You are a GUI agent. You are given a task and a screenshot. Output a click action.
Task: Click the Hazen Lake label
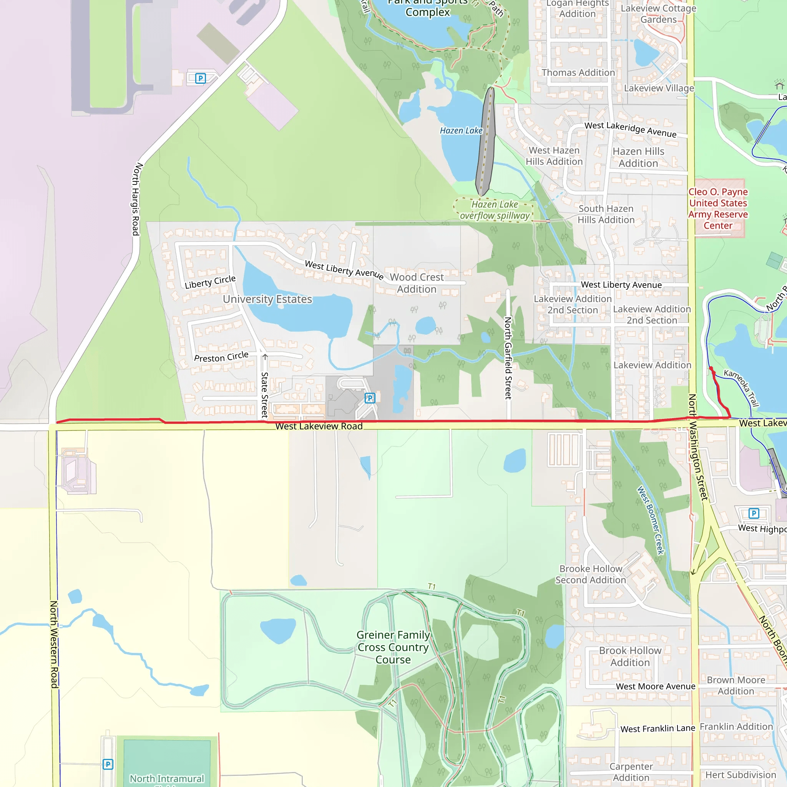pyautogui.click(x=461, y=131)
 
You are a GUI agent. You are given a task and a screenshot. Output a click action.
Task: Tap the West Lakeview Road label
pyautogui.click(x=319, y=426)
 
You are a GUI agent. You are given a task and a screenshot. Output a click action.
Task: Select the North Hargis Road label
pyautogui.click(x=136, y=199)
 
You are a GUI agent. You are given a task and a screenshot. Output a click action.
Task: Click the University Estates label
pyautogui.click(x=267, y=299)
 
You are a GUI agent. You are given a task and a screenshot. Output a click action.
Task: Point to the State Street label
pyautogui.click(x=264, y=394)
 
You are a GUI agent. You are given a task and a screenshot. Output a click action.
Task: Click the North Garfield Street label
pyautogui.click(x=508, y=358)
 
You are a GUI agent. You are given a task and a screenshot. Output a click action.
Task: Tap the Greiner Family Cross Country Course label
pyautogui.click(x=393, y=647)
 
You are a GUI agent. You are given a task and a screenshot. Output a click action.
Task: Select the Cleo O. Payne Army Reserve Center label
pyautogui.click(x=718, y=209)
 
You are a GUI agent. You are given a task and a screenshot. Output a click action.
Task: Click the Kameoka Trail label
pyautogui.click(x=741, y=388)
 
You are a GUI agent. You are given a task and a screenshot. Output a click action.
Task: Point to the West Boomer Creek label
pyautogui.click(x=651, y=520)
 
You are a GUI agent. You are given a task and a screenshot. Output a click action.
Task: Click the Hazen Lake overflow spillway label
pyautogui.click(x=495, y=210)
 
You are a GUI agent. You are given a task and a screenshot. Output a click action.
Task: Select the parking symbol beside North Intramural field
pyautogui.click(x=108, y=764)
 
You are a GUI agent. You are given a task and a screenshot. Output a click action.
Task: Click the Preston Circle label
pyautogui.click(x=221, y=357)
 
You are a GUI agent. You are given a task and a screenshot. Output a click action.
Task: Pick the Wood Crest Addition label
pyautogui.click(x=417, y=283)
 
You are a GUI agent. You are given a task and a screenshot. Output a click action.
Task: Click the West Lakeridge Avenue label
pyautogui.click(x=630, y=129)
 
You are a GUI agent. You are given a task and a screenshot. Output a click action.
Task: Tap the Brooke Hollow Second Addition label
pyautogui.click(x=591, y=574)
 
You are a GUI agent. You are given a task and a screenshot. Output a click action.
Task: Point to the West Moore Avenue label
pyautogui.click(x=656, y=686)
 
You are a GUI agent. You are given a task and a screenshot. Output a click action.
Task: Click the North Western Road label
pyautogui.click(x=54, y=644)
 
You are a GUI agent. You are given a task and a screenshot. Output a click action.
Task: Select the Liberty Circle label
pyautogui.click(x=210, y=282)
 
